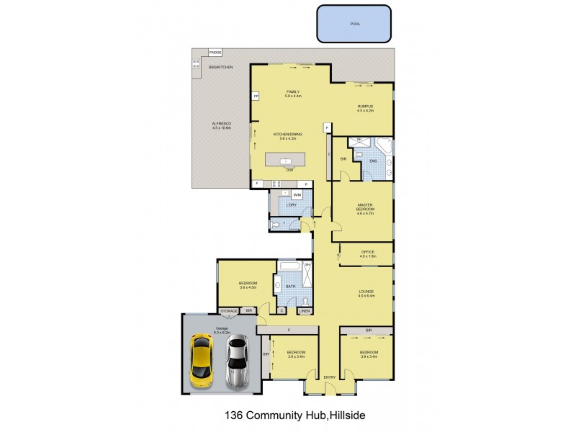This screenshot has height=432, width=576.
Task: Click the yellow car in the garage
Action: [202, 359]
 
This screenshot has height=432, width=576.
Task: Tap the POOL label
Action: [355, 24]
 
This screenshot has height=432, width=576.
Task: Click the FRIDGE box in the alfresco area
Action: [215, 53]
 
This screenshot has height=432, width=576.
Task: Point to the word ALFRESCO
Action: [220, 125]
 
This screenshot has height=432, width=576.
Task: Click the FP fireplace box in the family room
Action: [255, 96]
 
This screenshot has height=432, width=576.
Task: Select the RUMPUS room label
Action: [366, 106]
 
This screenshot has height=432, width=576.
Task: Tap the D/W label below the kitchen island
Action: [289, 170]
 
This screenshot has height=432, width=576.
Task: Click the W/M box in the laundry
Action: [297, 194]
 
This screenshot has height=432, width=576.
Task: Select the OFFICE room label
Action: [367, 251]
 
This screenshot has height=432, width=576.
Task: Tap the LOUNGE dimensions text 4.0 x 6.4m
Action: [366, 296]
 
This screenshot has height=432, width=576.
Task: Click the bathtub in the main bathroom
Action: [288, 266]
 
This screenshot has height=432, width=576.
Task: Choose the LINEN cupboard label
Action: [305, 311]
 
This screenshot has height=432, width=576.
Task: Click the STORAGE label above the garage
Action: [229, 311]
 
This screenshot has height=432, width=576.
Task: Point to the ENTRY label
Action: [330, 377]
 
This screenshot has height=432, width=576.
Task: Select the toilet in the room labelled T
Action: [277, 225]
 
